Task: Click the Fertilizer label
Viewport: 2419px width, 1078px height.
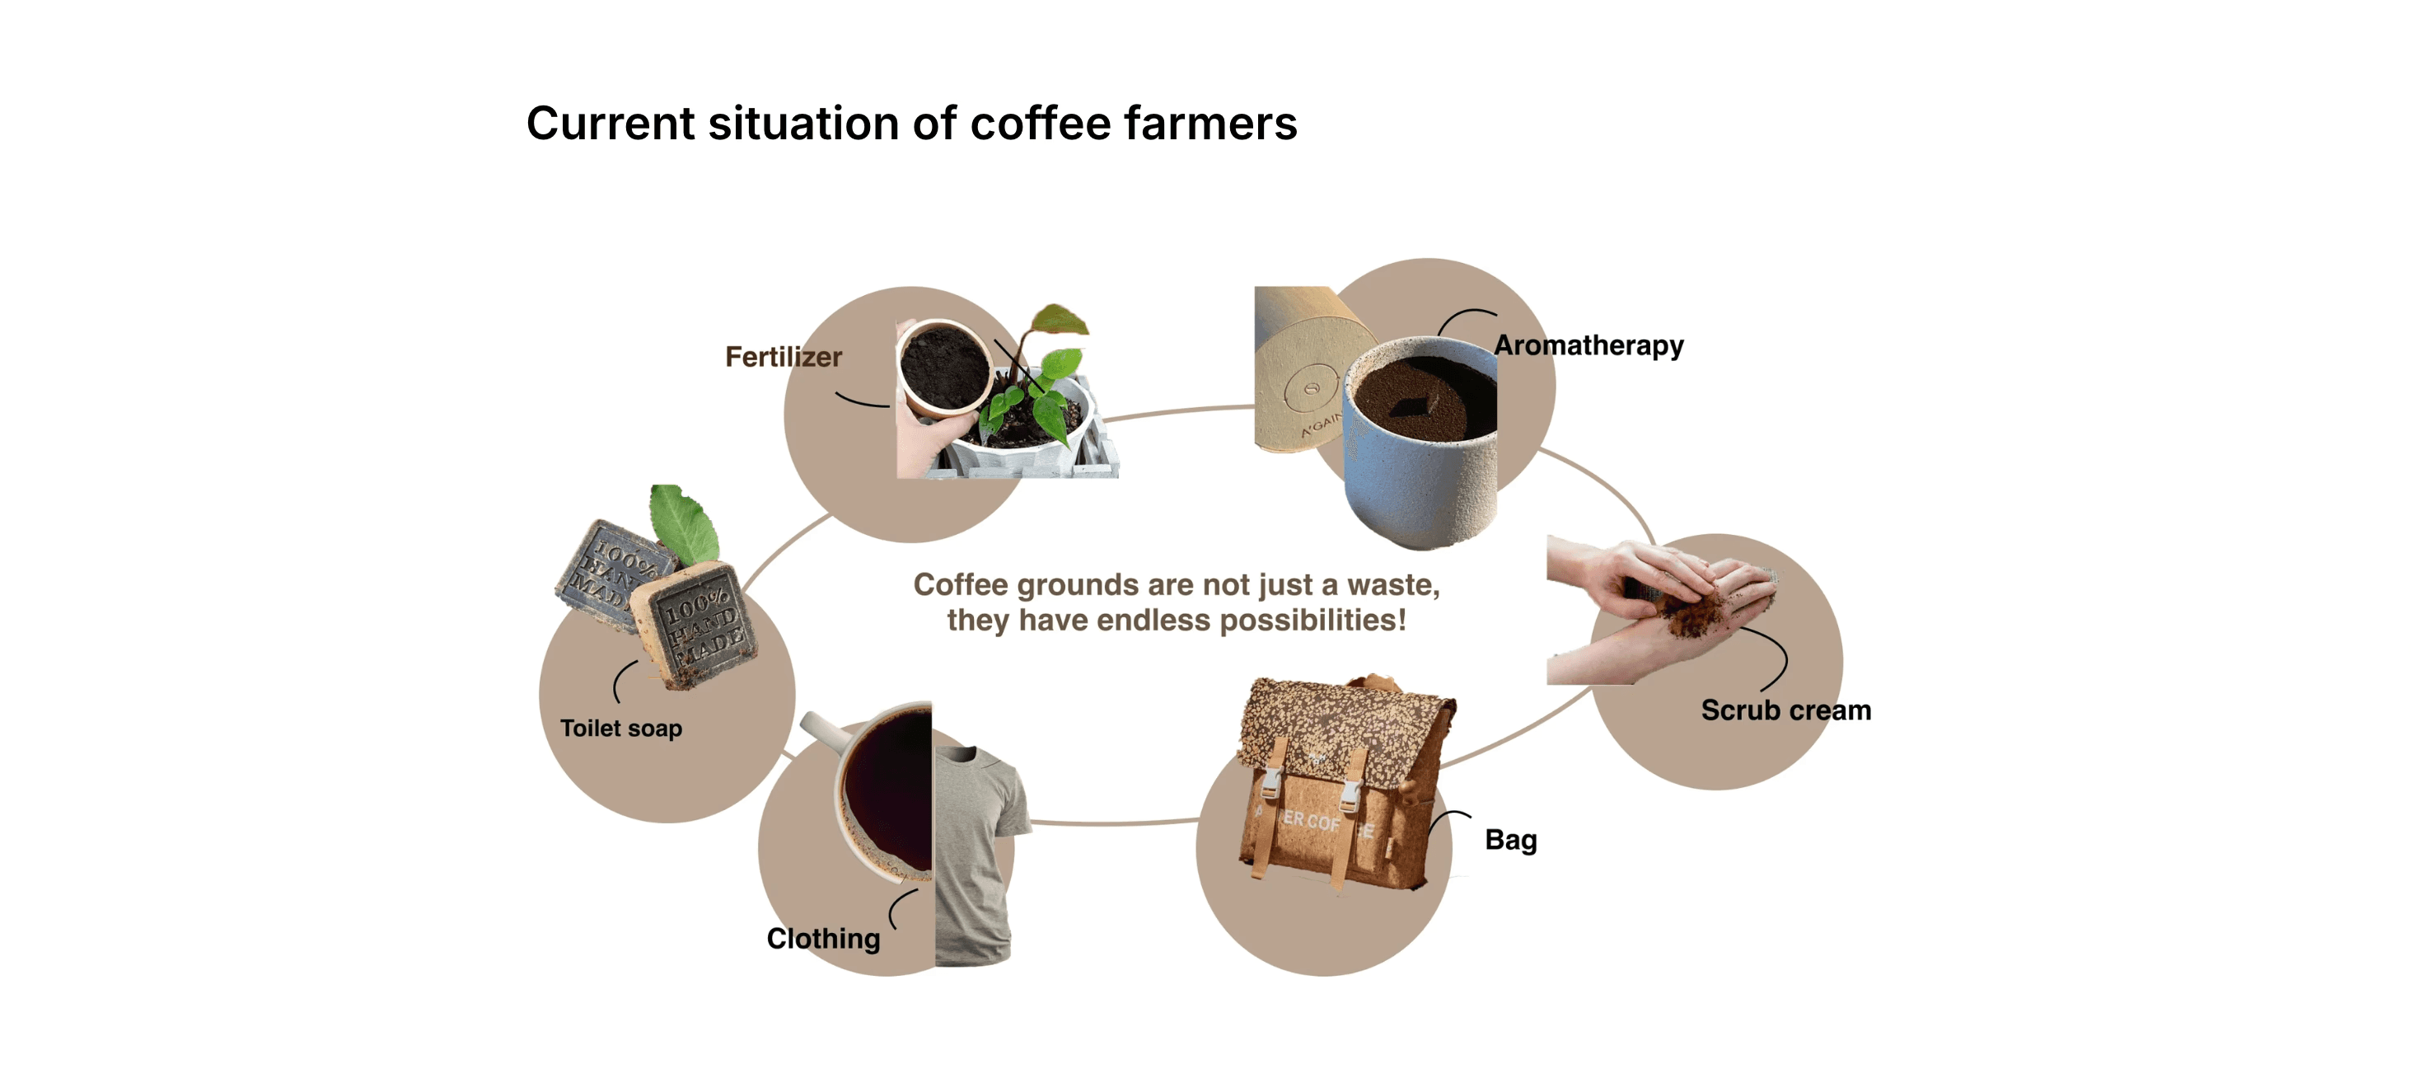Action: click(x=784, y=357)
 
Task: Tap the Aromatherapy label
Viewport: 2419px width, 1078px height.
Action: click(x=1588, y=345)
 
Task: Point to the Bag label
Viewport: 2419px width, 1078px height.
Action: click(x=1510, y=840)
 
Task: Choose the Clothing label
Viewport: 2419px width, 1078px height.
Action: click(x=824, y=938)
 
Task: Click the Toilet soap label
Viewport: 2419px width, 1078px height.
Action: click(x=620, y=729)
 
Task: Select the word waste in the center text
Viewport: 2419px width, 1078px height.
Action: click(x=1392, y=585)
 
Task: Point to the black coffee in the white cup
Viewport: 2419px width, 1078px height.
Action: click(x=887, y=789)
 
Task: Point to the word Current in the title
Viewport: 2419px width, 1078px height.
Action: click(x=611, y=124)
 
